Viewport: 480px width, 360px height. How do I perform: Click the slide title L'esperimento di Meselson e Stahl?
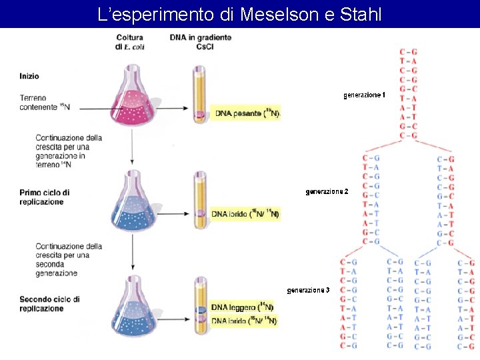click(239, 14)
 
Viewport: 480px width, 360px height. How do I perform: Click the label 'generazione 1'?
click(364, 95)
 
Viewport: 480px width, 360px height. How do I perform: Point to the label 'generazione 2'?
click(327, 192)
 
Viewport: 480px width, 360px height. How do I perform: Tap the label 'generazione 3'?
click(308, 290)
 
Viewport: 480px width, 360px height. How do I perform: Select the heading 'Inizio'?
click(29, 76)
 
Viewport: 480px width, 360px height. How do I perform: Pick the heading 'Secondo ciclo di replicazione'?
click(49, 304)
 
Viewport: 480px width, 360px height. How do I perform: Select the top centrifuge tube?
click(199, 93)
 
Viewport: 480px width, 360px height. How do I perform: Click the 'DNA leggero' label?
click(242, 307)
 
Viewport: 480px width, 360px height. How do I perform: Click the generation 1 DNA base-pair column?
click(409, 93)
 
